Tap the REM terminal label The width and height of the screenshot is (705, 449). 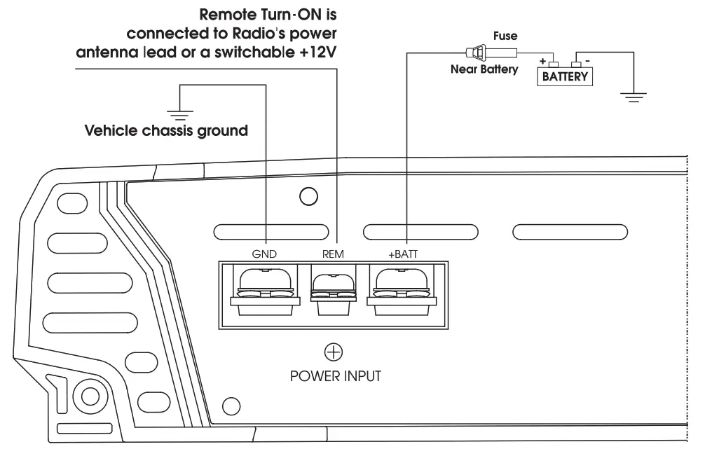click(x=333, y=254)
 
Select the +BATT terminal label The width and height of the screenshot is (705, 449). click(x=402, y=254)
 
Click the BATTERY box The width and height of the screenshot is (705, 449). click(x=565, y=76)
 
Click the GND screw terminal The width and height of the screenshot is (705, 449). click(x=265, y=289)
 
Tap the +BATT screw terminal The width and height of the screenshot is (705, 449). click(x=402, y=289)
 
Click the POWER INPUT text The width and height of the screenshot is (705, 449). click(x=336, y=376)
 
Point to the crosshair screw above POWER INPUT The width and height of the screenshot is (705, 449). click(x=333, y=352)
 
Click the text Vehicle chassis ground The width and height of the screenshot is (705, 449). click(x=166, y=131)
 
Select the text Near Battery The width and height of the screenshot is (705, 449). click(x=484, y=69)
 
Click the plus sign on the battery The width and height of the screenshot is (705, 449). click(x=543, y=61)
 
